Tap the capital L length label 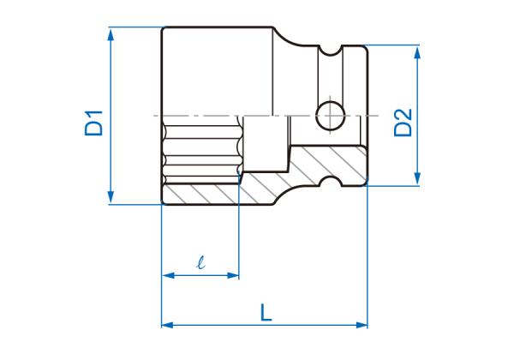click(266, 313)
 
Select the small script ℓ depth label click(200, 264)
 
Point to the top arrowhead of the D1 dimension click(111, 33)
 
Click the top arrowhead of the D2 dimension click(418, 51)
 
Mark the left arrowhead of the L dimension click(166, 325)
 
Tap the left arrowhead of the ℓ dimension click(166, 276)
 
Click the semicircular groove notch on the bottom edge click(329, 179)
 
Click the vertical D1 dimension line click(111, 86)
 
